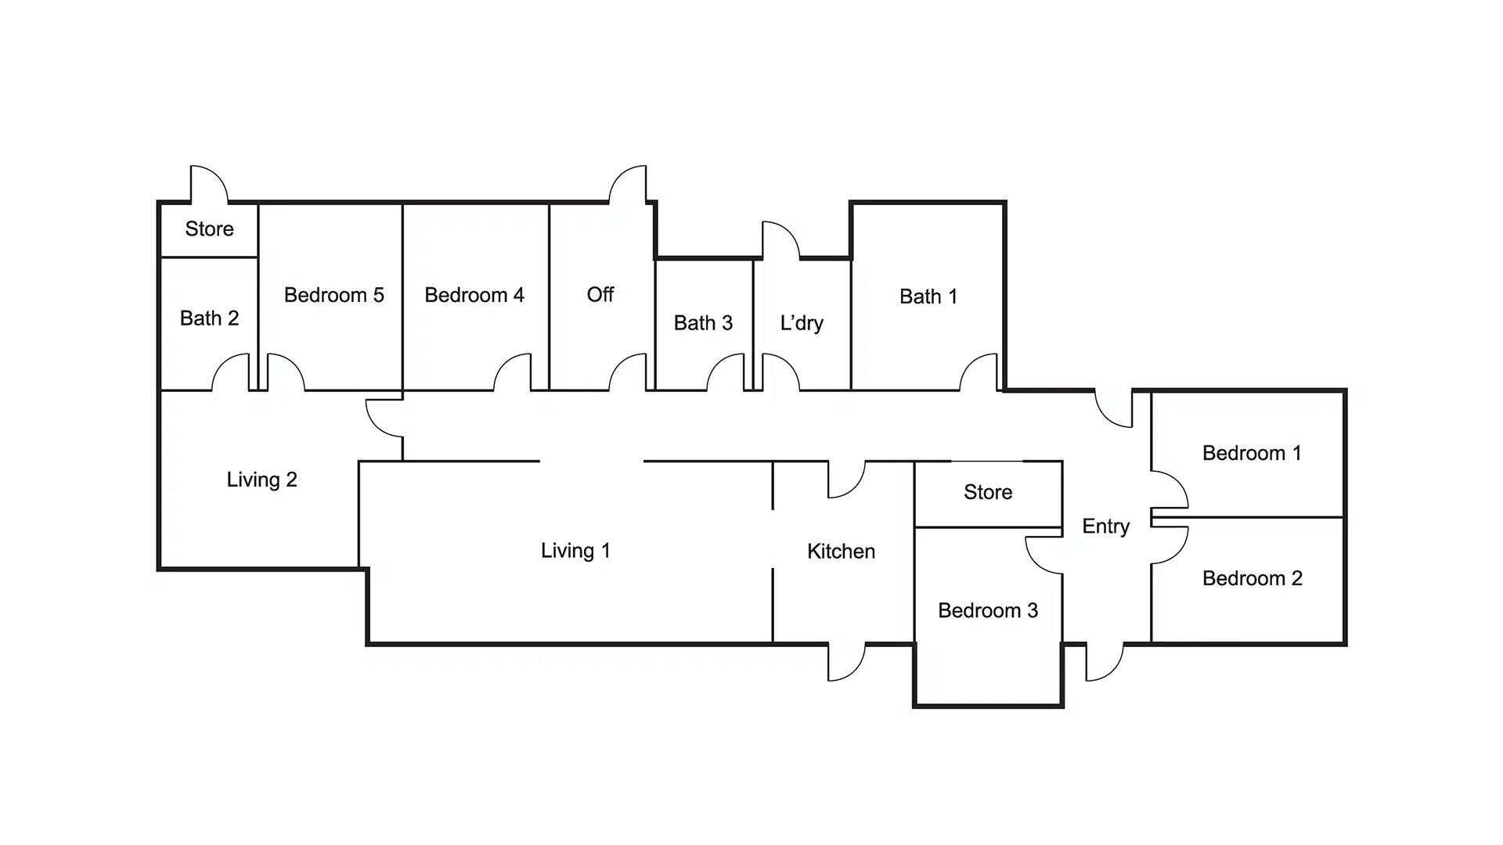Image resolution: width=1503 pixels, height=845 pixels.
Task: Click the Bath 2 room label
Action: (209, 318)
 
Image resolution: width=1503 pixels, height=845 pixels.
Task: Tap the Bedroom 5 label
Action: (333, 295)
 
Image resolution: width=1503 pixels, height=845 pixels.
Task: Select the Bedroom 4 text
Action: (474, 295)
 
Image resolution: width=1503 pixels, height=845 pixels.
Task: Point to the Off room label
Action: (600, 295)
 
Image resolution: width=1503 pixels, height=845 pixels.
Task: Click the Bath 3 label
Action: (703, 323)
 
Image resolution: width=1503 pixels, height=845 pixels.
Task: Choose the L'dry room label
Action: (802, 323)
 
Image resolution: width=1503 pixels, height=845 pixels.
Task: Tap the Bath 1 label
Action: (928, 297)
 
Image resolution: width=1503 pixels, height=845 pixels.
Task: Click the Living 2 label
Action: (261, 480)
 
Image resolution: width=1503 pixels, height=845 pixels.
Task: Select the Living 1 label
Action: (575, 551)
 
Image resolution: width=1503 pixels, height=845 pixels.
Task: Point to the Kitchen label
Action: (841, 552)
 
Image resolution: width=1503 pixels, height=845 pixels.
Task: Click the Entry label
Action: (1105, 527)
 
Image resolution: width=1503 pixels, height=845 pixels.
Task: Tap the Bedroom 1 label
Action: (1252, 453)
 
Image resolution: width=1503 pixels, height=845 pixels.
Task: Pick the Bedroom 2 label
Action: (1252, 578)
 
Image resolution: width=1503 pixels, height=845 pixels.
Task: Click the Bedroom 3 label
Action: (988, 610)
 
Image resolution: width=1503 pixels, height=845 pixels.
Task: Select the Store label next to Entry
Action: (988, 492)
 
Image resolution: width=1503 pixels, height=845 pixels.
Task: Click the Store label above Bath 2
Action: (209, 229)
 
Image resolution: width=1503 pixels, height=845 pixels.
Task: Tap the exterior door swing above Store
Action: (207, 184)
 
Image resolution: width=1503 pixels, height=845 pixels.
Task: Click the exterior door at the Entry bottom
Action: (1104, 662)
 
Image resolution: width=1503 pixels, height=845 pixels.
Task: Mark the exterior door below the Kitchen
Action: (845, 662)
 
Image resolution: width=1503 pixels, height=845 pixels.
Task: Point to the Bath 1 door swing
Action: (979, 372)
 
